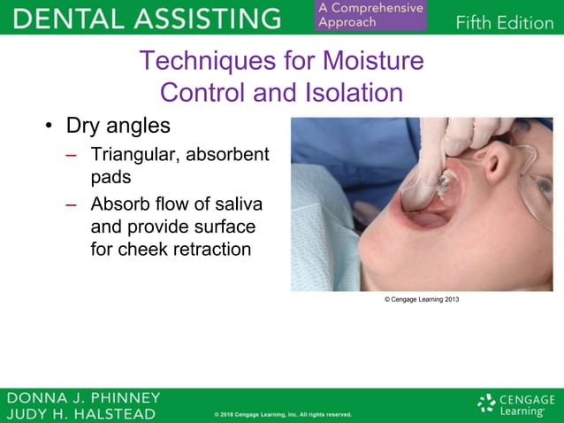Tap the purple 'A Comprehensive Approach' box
[x=369, y=15]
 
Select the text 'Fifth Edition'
[x=504, y=22]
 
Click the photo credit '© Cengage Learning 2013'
[x=422, y=300]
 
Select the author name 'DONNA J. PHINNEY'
[x=83, y=397]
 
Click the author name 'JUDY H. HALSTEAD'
[x=81, y=413]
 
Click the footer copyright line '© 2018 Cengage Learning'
[x=283, y=414]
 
